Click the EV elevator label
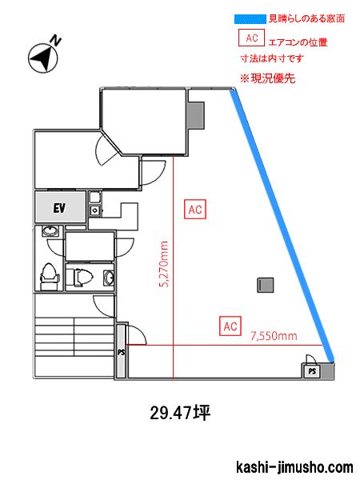point(59,208)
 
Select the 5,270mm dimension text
point(164,264)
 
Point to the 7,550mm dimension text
point(274,336)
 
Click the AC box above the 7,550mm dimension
point(230,326)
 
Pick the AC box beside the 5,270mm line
point(195,210)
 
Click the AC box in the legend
point(252,38)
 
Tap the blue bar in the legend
point(250,19)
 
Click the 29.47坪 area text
point(180,413)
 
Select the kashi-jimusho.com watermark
point(294,467)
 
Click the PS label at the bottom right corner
point(312,371)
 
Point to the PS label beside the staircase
point(122,352)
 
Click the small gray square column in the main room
point(266,285)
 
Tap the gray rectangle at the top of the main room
point(195,115)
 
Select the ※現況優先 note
point(267,78)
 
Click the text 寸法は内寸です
point(272,58)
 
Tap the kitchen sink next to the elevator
point(95,210)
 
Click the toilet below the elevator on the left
point(49,277)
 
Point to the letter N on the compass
point(56,40)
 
